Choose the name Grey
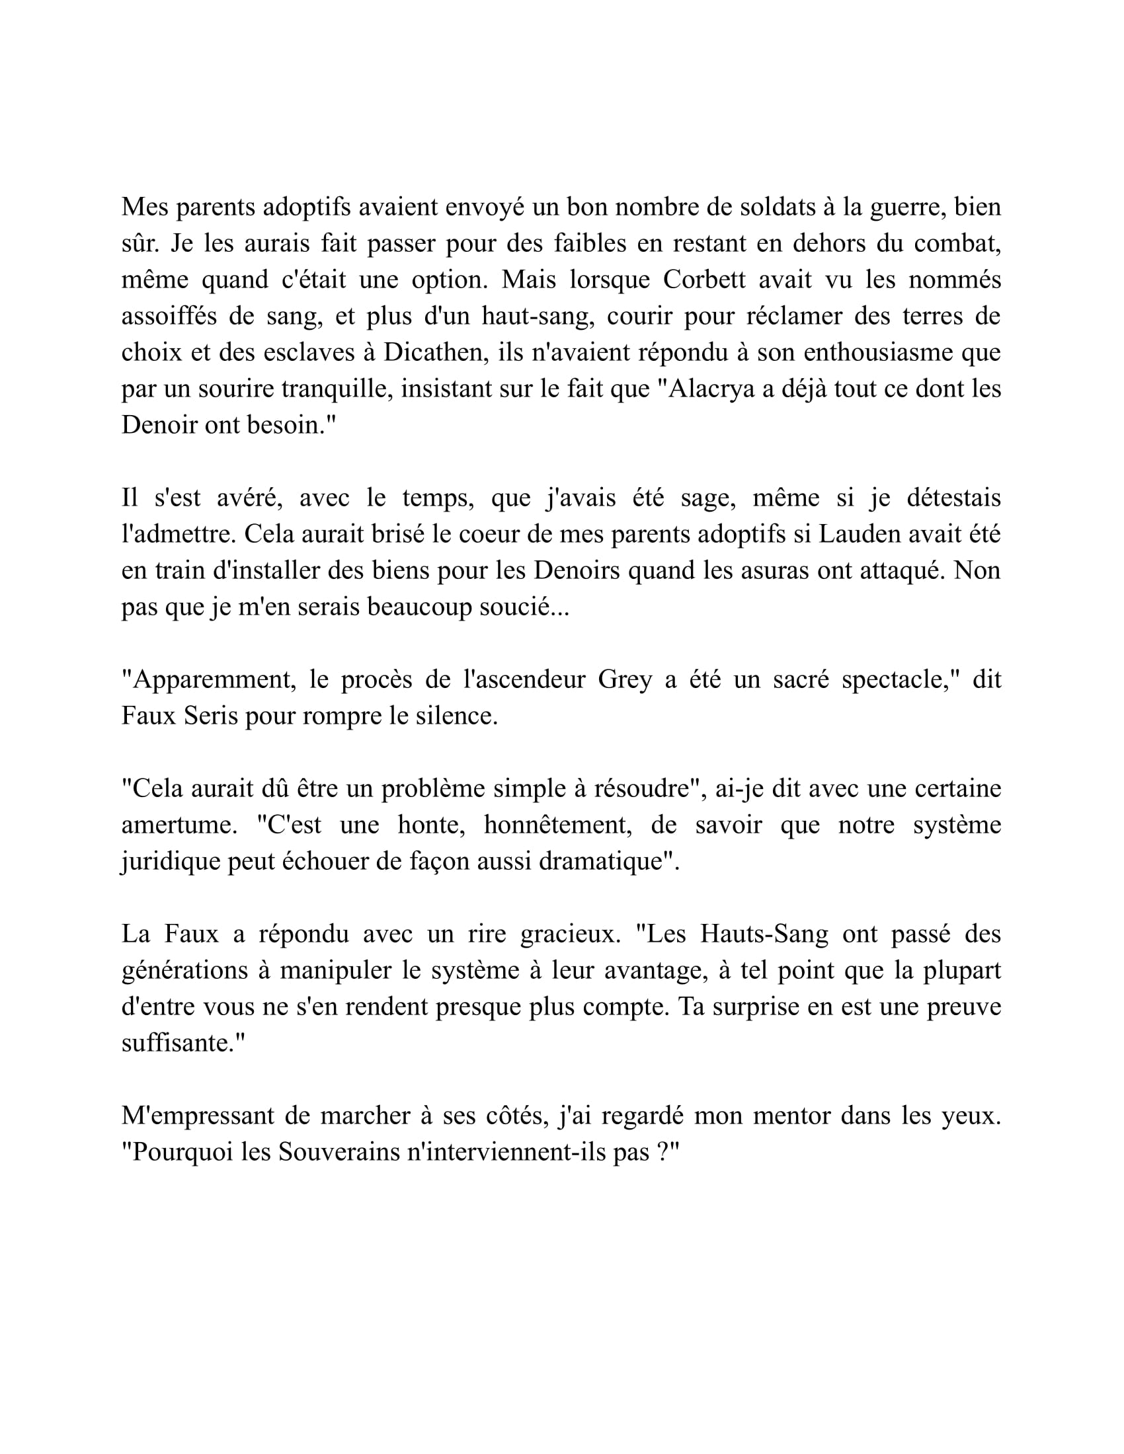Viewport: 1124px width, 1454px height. pyautogui.click(x=625, y=679)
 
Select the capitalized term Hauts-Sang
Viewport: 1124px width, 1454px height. pyautogui.click(x=764, y=934)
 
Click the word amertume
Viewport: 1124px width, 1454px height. pyautogui.click(x=179, y=825)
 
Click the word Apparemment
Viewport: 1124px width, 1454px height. pyautogui.click(x=209, y=679)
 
